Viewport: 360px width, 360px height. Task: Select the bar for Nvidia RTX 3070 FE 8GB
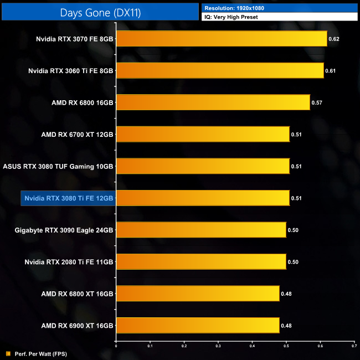pos(222,39)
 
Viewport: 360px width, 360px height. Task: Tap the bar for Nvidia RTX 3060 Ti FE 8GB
pos(220,70)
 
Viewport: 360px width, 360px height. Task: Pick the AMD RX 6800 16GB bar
pos(213,102)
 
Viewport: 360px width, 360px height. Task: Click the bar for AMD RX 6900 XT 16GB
pos(198,325)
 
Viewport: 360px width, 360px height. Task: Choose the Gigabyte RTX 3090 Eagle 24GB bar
pos(201,230)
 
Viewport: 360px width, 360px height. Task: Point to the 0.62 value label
pos(333,39)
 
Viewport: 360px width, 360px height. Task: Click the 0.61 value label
pos(330,71)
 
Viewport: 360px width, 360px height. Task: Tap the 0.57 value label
pos(317,103)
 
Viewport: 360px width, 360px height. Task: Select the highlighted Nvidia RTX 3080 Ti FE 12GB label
pos(68,198)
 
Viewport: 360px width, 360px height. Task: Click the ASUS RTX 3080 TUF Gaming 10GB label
pos(58,166)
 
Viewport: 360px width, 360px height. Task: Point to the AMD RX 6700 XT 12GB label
pos(78,135)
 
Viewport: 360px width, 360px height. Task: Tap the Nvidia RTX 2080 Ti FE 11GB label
pos(69,262)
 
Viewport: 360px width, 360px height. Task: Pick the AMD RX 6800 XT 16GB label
pos(78,294)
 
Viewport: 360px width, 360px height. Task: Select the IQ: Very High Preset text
pos(231,17)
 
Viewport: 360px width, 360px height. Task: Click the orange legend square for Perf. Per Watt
pos(8,353)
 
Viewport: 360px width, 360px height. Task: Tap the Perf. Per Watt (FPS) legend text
pos(37,353)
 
